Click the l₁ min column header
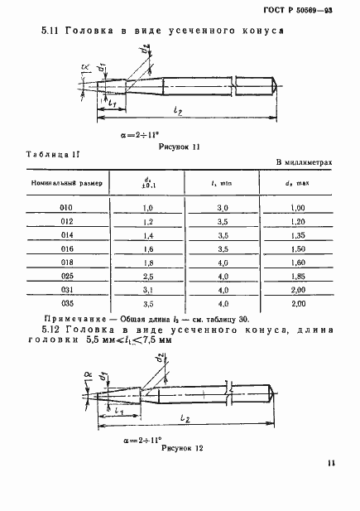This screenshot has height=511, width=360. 221,181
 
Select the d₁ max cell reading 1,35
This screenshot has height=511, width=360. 300,235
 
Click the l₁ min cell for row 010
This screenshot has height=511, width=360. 223,207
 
